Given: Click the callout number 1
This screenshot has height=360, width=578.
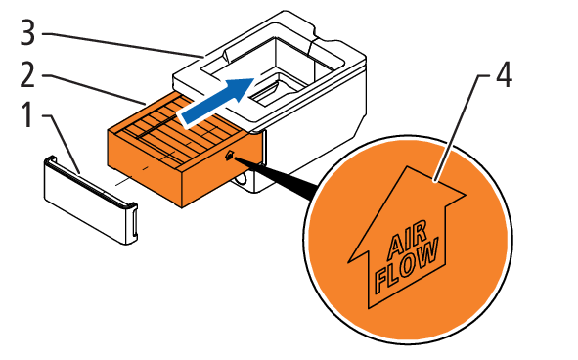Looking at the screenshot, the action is tap(27, 115).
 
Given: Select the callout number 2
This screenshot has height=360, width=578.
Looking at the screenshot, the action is tap(27, 75).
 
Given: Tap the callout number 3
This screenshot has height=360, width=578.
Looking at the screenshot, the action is tap(27, 33).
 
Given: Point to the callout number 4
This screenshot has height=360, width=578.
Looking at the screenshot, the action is tap(504, 75).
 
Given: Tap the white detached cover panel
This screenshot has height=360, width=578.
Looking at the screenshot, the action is tap(91, 200).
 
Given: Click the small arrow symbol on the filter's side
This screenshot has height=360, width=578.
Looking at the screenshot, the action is tap(229, 156).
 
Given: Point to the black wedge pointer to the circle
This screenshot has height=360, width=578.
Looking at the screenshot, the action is tap(276, 176).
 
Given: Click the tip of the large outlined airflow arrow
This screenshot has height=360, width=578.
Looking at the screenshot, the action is tap(407, 166).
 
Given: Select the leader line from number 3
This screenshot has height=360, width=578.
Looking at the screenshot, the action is tap(122, 45).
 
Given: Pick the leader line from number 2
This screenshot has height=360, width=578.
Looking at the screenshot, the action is tap(94, 89).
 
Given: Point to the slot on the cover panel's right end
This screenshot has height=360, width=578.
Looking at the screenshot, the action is tap(133, 223).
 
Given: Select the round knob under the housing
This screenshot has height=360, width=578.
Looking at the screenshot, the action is tap(242, 178).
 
